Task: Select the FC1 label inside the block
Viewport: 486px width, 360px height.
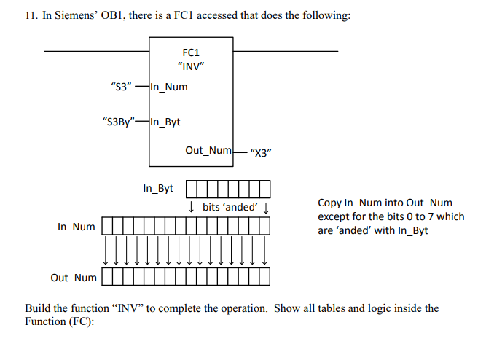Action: pos(191,53)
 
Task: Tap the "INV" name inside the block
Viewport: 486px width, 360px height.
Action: pos(191,67)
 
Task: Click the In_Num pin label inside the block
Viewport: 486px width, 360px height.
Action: pos(169,87)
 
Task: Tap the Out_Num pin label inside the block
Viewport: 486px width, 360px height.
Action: pos(208,150)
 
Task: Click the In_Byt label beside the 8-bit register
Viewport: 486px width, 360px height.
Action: pos(158,189)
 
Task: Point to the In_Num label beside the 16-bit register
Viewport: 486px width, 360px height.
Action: pos(76,227)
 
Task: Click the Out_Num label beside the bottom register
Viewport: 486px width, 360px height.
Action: pos(73,278)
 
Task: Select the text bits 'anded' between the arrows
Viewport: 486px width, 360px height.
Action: pos(230,207)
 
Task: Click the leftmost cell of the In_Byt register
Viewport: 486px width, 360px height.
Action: pos(192,189)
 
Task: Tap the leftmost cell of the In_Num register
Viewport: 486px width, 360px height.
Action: pos(107,227)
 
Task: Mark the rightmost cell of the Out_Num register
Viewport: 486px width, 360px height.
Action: pos(264,277)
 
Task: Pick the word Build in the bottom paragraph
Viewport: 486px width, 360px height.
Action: pos(39,308)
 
